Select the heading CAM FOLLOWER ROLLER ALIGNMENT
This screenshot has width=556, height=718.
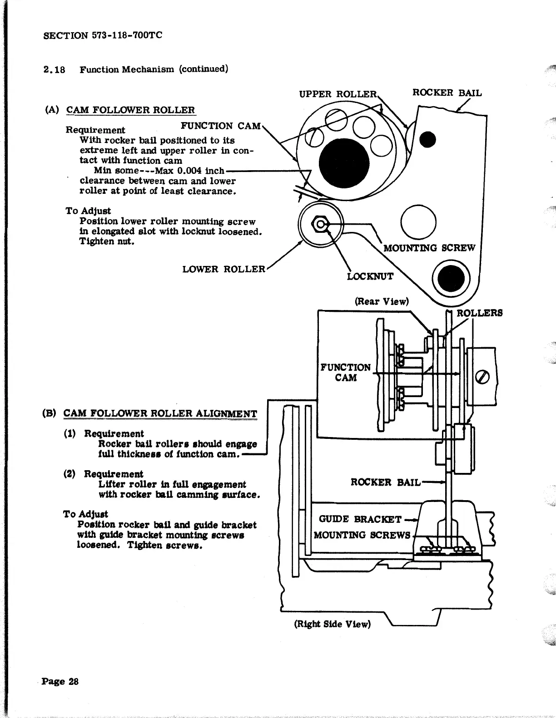pyautogui.click(x=160, y=413)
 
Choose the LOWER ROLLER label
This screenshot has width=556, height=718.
pyautogui.click(x=223, y=269)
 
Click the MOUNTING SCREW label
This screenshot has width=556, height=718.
pyautogui.click(x=429, y=248)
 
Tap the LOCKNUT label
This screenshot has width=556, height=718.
pyautogui.click(x=370, y=276)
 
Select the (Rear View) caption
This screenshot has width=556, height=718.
pyautogui.click(x=382, y=301)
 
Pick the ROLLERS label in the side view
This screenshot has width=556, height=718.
pyautogui.click(x=479, y=313)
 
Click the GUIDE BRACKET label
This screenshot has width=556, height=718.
pyautogui.click(x=360, y=519)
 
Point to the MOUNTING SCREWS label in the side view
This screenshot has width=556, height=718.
pyautogui.click(x=362, y=535)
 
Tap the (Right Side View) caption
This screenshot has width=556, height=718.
pyautogui.click(x=333, y=624)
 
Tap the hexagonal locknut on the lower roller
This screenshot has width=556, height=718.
pyautogui.click(x=320, y=224)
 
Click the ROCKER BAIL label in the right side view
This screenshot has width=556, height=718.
pyautogui.click(x=385, y=482)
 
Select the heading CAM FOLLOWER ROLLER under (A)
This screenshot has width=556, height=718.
pyautogui.click(x=130, y=110)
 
